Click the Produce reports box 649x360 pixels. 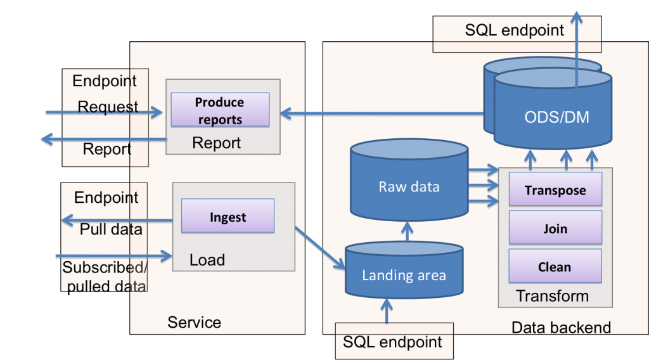pyautogui.click(x=220, y=110)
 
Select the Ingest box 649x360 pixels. pyautogui.click(x=228, y=217)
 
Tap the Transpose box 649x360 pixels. pyautogui.click(x=555, y=190)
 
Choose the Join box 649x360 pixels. pyautogui.click(x=555, y=228)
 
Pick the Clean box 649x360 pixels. pyautogui.click(x=555, y=267)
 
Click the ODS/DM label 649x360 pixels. pyautogui.click(x=552, y=117)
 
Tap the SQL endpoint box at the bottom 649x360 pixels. pyautogui.click(x=392, y=342)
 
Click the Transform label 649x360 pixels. pyautogui.click(x=552, y=296)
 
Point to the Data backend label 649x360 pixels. pyautogui.click(x=561, y=328)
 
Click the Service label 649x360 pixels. pyautogui.click(x=194, y=323)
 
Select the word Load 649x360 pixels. pyautogui.click(x=207, y=260)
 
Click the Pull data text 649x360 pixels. pyautogui.click(x=111, y=229)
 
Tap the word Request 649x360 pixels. pyautogui.click(x=108, y=107)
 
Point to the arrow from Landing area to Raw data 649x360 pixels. pyautogui.click(x=406, y=232)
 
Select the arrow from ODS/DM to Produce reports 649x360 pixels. pyautogui.click(x=380, y=114)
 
